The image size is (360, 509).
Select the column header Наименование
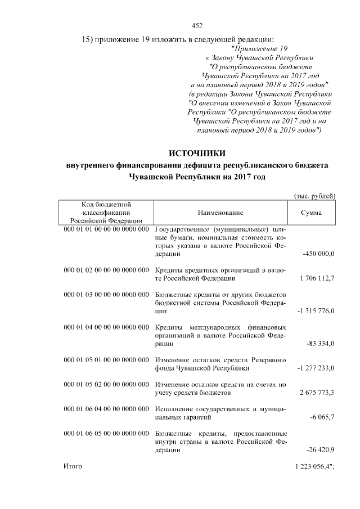point(220,213)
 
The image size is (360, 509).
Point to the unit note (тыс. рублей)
point(316,195)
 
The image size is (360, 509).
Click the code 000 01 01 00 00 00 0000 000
point(106,229)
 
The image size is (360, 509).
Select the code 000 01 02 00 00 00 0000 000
point(106,270)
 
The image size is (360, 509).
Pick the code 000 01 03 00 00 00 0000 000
point(106,295)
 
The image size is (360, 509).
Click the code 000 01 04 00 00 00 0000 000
point(106,327)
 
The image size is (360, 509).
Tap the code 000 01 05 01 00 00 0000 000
point(106,359)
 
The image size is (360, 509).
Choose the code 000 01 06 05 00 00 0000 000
point(106,434)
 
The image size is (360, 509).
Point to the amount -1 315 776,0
point(316,311)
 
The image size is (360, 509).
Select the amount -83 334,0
point(321,344)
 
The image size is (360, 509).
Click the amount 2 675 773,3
point(317,392)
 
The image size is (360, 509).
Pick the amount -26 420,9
point(321,450)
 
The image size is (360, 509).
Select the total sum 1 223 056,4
point(313,467)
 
